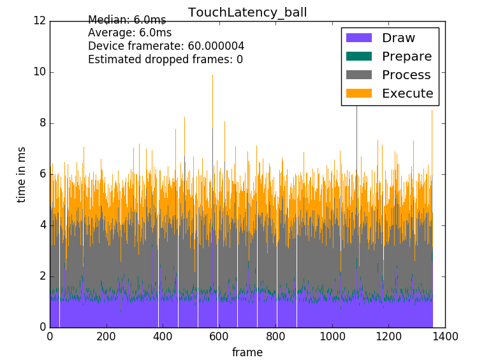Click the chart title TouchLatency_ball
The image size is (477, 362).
tap(247, 12)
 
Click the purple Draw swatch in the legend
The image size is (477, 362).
tap(358, 38)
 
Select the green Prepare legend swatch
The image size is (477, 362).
tap(358, 57)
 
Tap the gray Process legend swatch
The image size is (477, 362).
tap(358, 75)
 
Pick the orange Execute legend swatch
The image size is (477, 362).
tap(358, 94)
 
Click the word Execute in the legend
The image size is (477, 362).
tap(407, 94)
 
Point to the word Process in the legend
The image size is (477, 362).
tap(406, 75)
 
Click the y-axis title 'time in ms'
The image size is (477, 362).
tap(22, 174)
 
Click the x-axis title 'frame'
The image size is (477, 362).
tap(247, 352)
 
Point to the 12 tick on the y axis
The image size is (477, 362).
tap(40, 20)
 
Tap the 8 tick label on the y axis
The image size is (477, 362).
tap(42, 123)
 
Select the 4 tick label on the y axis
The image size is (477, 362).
tap(42, 225)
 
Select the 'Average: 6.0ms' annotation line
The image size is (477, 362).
tap(129, 33)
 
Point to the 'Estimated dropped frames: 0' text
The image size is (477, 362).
tap(165, 60)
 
